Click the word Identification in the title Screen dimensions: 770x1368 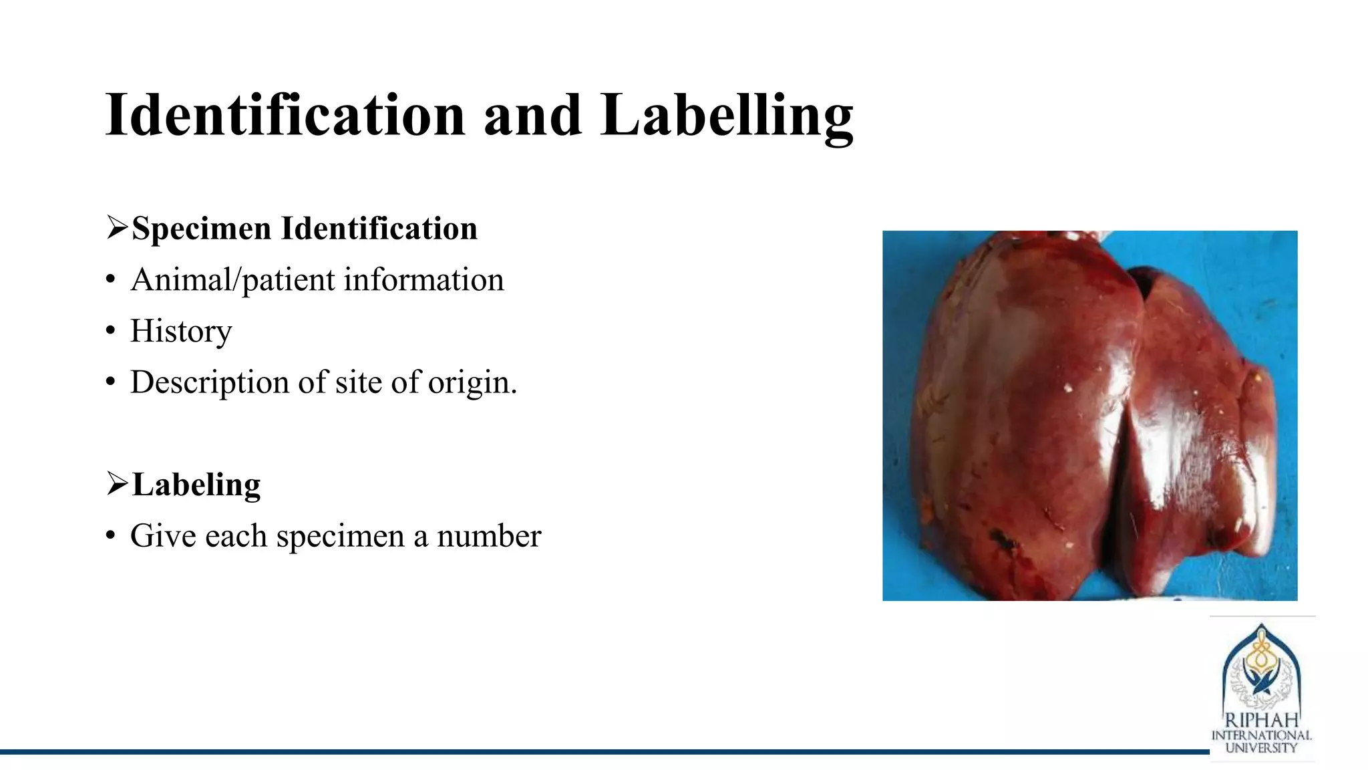pyautogui.click(x=285, y=116)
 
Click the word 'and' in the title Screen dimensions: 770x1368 pyautogui.click(x=532, y=116)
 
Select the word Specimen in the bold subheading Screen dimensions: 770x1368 pyautogui.click(x=201, y=229)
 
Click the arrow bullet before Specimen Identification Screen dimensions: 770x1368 pyautogui.click(x=117, y=228)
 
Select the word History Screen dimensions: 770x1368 pyautogui.click(x=181, y=332)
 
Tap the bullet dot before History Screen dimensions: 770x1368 pyautogui.click(x=111, y=332)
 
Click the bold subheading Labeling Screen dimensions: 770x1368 pyautogui.click(x=196, y=485)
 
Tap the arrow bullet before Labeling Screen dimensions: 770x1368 pyautogui.click(x=117, y=484)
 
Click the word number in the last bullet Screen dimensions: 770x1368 pyautogui.click(x=489, y=537)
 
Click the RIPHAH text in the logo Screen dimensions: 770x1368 pyautogui.click(x=1261, y=721)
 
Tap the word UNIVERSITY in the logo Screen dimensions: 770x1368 pyautogui.click(x=1261, y=749)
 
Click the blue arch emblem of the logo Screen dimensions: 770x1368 pyautogui.click(x=1261, y=668)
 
